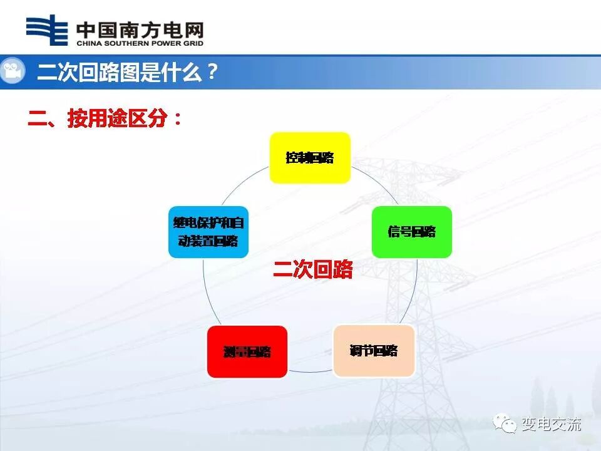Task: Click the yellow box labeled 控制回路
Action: coord(310,157)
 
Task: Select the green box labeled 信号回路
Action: coord(411,232)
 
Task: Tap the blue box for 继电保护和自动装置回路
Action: coord(208,232)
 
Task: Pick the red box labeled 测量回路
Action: coord(247,351)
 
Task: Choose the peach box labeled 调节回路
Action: coord(374,350)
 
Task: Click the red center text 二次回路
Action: coord(313,270)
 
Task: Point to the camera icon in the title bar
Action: coord(12,71)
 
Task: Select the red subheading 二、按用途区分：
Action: coord(105,118)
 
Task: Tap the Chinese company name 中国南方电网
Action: coord(140,29)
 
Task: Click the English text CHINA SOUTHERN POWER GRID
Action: coord(140,43)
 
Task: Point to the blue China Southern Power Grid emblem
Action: coord(47,30)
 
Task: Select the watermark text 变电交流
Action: coord(551,425)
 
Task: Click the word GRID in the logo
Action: coord(194,43)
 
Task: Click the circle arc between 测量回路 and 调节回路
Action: coord(310,372)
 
